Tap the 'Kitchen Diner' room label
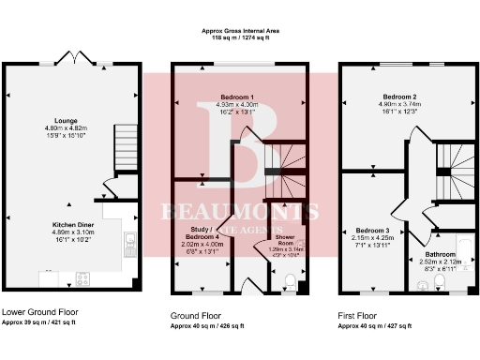tap(72, 226)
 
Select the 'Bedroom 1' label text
tap(237, 97)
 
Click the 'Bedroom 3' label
tap(372, 230)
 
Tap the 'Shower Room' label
tap(286, 241)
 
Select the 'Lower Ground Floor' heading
tap(40, 311)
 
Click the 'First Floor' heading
tap(358, 316)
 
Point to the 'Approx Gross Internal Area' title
tap(240, 31)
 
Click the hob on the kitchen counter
tap(81, 277)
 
